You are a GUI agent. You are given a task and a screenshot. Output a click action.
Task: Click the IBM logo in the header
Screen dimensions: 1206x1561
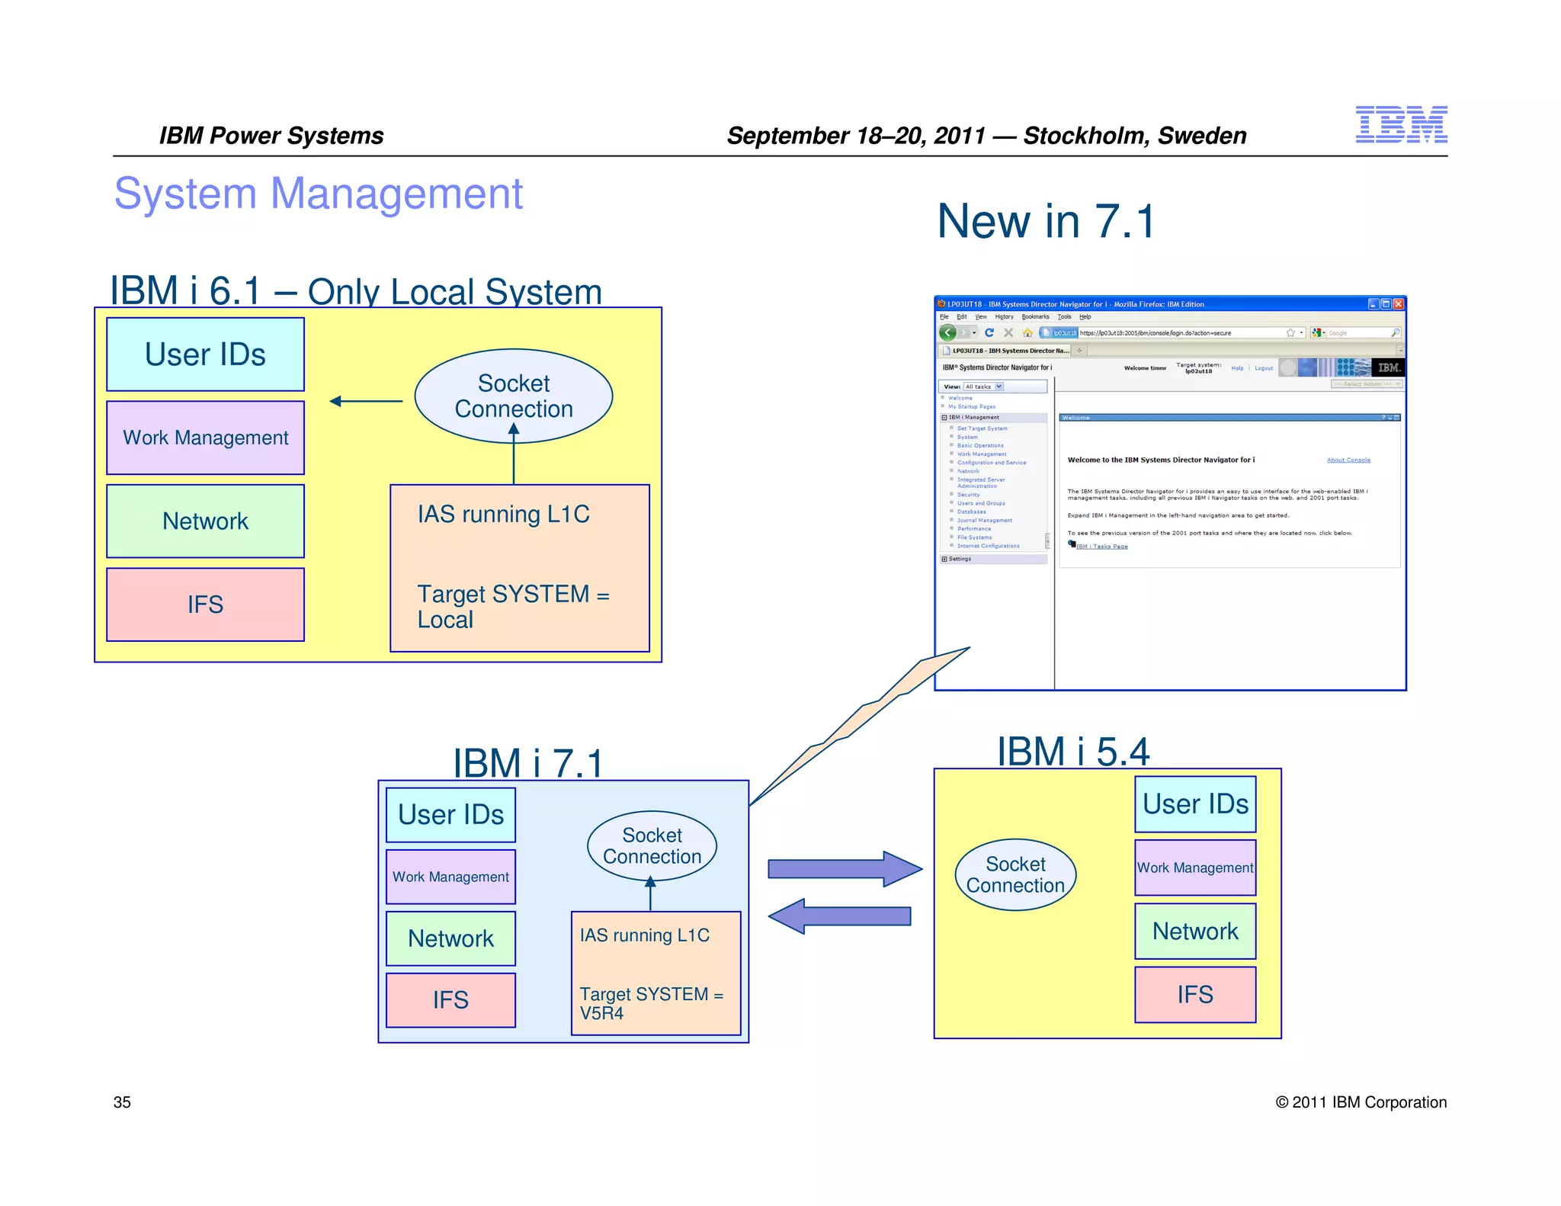click(x=1400, y=125)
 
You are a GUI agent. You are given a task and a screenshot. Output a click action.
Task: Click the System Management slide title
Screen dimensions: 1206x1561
click(x=318, y=194)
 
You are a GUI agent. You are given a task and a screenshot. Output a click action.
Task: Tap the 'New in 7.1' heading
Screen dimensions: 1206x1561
click(x=1046, y=222)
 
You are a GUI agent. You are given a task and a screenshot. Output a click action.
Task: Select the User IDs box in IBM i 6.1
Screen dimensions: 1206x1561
click(x=205, y=354)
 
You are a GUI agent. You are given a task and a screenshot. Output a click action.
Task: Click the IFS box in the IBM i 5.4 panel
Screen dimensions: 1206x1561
click(x=1194, y=995)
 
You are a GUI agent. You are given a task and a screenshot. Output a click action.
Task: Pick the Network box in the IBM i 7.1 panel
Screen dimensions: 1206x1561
click(x=450, y=938)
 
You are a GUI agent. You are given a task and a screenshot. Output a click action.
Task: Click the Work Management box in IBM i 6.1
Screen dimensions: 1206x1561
click(x=205, y=438)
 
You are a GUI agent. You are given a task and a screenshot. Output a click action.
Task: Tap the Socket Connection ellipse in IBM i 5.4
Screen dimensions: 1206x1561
click(x=1015, y=874)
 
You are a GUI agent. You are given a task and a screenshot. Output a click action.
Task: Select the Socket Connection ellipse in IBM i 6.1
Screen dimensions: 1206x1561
click(x=513, y=396)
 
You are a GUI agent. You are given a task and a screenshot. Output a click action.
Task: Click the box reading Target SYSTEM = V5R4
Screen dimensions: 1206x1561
click(x=655, y=973)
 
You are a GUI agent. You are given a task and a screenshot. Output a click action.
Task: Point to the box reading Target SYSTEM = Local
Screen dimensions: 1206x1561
click(x=519, y=568)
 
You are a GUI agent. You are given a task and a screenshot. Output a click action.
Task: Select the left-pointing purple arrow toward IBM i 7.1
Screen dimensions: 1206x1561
click(x=839, y=916)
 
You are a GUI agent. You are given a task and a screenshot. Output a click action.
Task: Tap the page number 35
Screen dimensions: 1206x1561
click(x=122, y=1102)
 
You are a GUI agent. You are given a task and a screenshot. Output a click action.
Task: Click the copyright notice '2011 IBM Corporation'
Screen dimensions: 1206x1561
click(x=1361, y=1102)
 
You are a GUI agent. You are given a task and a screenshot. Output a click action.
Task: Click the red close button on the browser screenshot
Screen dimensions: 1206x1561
click(x=1398, y=303)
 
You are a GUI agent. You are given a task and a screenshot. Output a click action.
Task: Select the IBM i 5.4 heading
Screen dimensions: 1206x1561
click(x=1072, y=752)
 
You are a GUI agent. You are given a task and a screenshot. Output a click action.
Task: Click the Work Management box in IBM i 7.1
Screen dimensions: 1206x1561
click(x=450, y=877)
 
